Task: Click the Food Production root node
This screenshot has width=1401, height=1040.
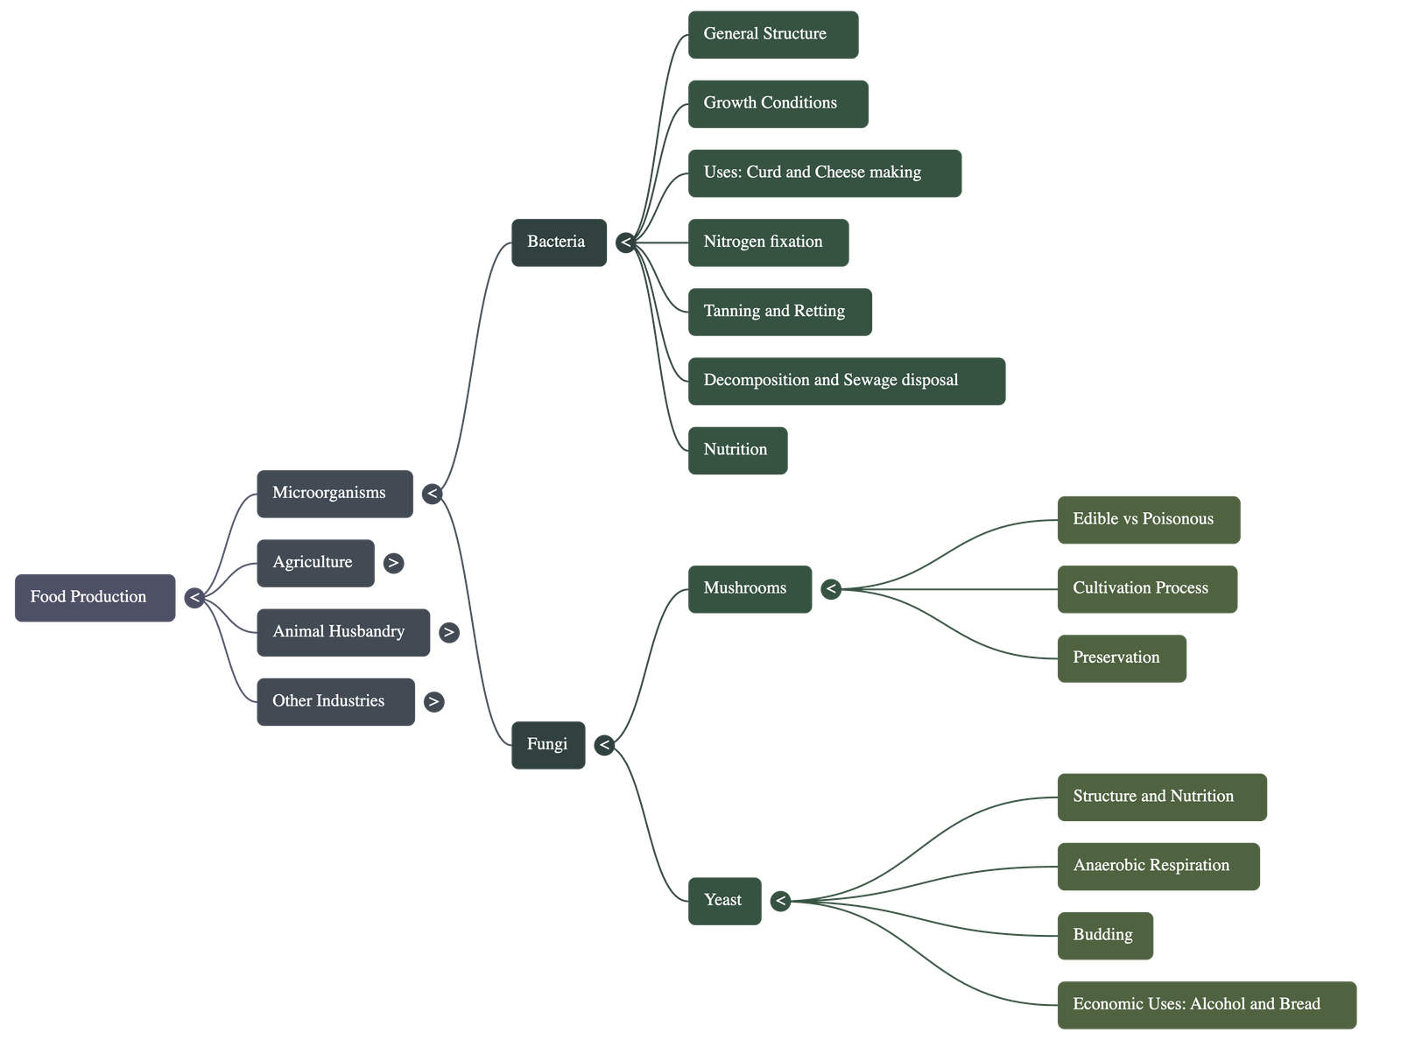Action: point(95,598)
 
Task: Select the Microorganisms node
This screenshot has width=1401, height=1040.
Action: point(334,494)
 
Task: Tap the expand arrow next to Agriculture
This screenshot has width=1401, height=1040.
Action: point(393,563)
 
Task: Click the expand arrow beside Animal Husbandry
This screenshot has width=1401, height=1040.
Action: point(448,632)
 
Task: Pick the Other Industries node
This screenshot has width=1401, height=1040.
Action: point(335,701)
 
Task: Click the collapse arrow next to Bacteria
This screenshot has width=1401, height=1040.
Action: point(625,242)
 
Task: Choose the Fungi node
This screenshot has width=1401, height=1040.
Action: point(548,745)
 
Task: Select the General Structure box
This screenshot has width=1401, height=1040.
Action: point(772,35)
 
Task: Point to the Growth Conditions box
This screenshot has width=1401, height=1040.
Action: point(778,104)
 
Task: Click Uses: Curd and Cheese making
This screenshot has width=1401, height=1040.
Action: point(824,173)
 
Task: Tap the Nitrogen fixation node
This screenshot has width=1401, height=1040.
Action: point(768,242)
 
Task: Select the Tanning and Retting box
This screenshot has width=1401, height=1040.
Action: point(779,312)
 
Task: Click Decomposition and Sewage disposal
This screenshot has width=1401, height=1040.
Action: point(846,381)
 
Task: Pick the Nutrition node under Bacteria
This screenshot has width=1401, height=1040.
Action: point(737,450)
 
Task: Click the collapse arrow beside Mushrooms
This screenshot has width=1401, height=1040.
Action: point(831,589)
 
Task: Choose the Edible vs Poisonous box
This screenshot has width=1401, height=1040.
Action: point(1148,520)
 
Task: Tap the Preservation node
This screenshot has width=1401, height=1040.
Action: point(1122,658)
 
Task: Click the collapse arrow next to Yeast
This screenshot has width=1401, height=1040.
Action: point(780,901)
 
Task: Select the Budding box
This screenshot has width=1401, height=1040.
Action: point(1105,936)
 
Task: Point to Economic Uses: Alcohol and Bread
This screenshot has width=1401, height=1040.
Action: point(1207,1005)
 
